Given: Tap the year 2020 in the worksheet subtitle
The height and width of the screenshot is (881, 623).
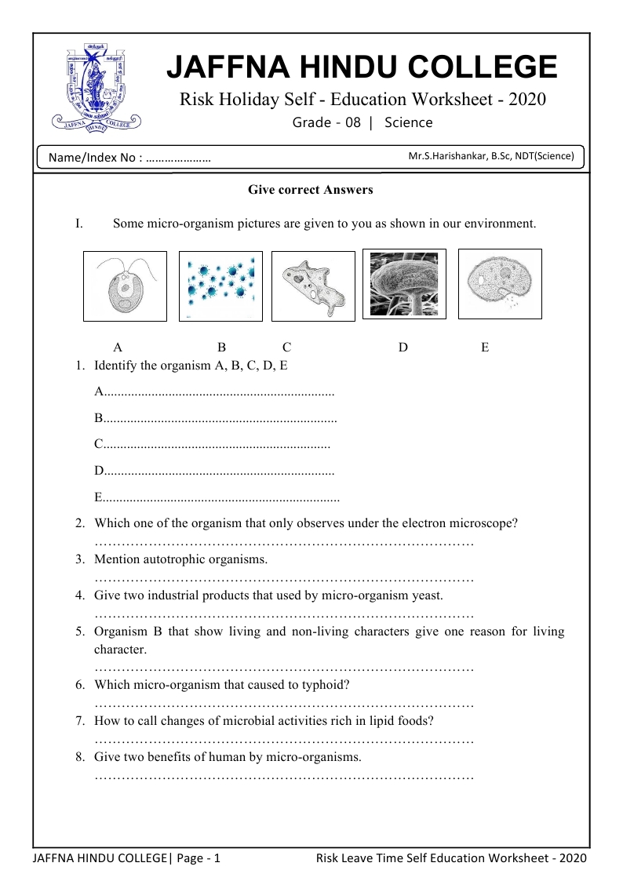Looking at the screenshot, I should click(x=526, y=100).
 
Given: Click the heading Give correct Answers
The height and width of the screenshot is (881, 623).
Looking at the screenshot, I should click(x=311, y=190).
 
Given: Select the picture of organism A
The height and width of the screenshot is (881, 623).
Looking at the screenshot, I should click(x=125, y=286).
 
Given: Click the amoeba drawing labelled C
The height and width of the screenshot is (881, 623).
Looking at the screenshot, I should click(x=311, y=286).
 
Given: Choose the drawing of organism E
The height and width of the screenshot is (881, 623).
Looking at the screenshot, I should click(x=499, y=283).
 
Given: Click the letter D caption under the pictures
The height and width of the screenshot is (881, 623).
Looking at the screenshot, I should click(x=403, y=348).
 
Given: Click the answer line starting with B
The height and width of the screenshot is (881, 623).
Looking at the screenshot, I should click(x=216, y=418).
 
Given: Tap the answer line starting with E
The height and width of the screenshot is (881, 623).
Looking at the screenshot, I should click(x=217, y=497).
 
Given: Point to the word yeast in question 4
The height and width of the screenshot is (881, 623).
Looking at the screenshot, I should click(x=426, y=595).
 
